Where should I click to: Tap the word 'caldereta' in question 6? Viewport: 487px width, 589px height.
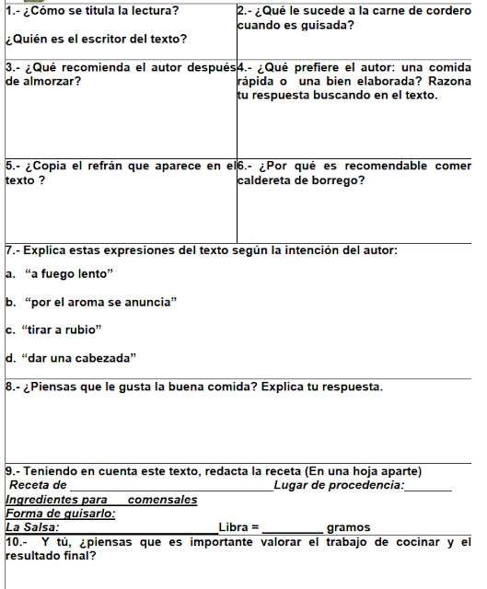pyautogui.click(x=267, y=179)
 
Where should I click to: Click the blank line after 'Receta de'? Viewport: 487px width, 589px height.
pyautogui.click(x=170, y=486)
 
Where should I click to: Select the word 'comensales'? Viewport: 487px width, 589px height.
pyautogui.click(x=163, y=500)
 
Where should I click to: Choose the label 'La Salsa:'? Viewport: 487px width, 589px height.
pyautogui.click(x=34, y=527)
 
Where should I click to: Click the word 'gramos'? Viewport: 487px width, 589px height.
pyautogui.click(x=348, y=527)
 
